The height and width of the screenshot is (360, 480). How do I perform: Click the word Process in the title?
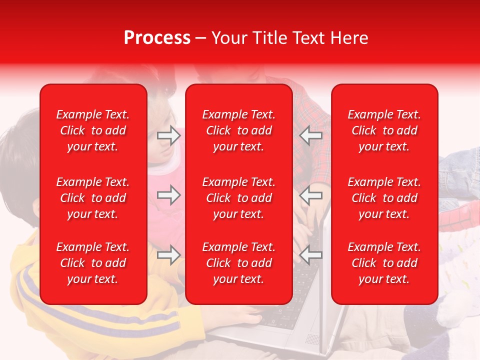click(157, 38)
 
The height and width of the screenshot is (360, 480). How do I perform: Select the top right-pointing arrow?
click(169, 135)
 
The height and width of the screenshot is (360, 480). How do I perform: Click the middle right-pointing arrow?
click(169, 195)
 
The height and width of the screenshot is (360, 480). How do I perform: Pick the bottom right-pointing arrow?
click(169, 255)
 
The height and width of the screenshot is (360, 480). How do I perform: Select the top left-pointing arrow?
click(311, 135)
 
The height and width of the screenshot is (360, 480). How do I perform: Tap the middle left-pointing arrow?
click(311, 195)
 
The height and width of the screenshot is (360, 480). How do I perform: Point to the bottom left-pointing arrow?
click(311, 255)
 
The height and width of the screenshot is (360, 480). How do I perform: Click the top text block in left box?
click(93, 130)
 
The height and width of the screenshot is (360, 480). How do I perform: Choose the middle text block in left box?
click(93, 198)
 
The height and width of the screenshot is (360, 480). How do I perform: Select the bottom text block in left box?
click(93, 263)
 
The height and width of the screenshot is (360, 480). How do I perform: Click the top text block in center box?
click(239, 130)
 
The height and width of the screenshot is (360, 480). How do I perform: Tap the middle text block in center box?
click(239, 198)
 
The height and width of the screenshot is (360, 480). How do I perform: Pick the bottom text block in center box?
click(239, 263)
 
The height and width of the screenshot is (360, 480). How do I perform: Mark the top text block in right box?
click(384, 130)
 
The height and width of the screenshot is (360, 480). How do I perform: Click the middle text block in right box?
click(384, 198)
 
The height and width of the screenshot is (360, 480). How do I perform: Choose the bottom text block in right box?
click(384, 263)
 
